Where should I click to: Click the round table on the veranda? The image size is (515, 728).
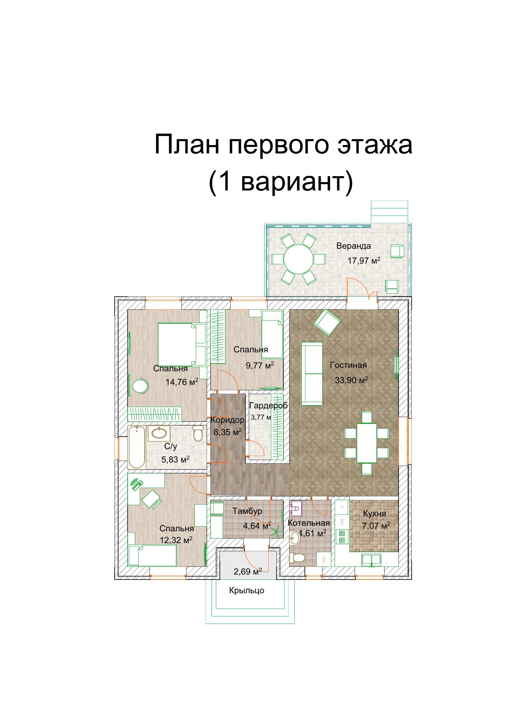pos(298,259)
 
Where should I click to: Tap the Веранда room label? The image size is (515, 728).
pos(354,246)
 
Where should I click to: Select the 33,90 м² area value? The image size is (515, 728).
pos(351,379)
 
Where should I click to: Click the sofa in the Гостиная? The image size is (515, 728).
pos(312,374)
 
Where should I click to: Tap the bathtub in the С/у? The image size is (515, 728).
pos(137,447)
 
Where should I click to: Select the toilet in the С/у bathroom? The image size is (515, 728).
pos(198,433)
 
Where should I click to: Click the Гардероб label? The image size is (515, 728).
pos(268,406)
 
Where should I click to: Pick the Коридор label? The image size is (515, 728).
pos(227,420)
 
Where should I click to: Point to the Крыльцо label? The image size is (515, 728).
pos(247,590)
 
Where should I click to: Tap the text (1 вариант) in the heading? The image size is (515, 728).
pos(281,182)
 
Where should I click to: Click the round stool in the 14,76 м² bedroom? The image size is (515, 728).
pos(140,387)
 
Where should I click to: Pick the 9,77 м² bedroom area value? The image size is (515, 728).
pos(260,365)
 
